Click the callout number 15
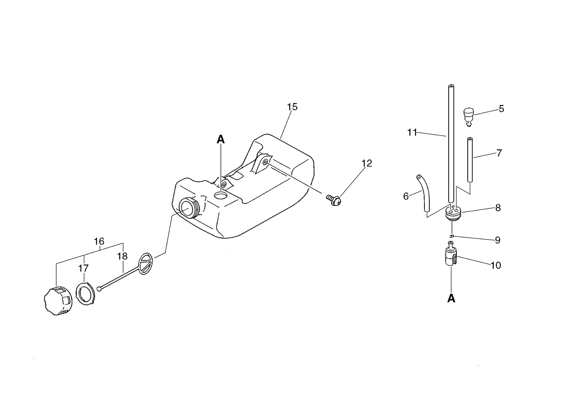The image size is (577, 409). pyautogui.click(x=292, y=107)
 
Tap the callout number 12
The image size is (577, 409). pyautogui.click(x=367, y=163)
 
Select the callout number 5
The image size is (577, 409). pyautogui.click(x=501, y=109)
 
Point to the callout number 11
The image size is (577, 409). pyautogui.click(x=412, y=133)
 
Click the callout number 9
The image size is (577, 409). pyautogui.click(x=498, y=240)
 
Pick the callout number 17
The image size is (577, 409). pyautogui.click(x=83, y=268)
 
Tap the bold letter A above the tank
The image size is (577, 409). pyautogui.click(x=221, y=139)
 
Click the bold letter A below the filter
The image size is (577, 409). pyautogui.click(x=451, y=298)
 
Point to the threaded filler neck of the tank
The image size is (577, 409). pyautogui.click(x=189, y=208)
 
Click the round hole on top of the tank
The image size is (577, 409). pyautogui.click(x=221, y=195)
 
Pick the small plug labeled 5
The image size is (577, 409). pyautogui.click(x=469, y=116)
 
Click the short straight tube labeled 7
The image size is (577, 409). pyautogui.click(x=470, y=159)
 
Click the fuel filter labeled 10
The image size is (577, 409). pyautogui.click(x=451, y=254)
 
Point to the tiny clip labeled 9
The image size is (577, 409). pyautogui.click(x=452, y=236)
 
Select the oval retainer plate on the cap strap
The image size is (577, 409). pyautogui.click(x=146, y=264)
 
